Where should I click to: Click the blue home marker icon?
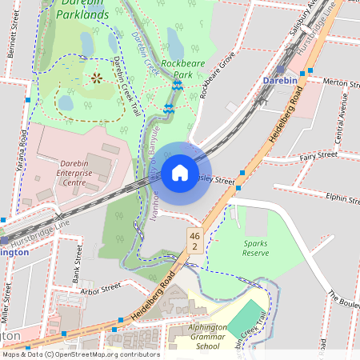pyautogui.click(x=179, y=173)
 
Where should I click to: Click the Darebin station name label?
pyautogui.click(x=281, y=81)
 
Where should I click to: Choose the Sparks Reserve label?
pyautogui.click(x=256, y=246)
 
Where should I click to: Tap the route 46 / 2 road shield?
pyautogui.click(x=194, y=242)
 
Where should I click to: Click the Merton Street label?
pyautogui.click(x=337, y=82)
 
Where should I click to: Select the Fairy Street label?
pyautogui.click(x=316, y=158)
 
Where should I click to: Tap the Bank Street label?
pyautogui.click(x=78, y=265)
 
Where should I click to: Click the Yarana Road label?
pyautogui.click(x=23, y=153)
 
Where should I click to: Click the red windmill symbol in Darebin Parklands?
pyautogui.click(x=97, y=78)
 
